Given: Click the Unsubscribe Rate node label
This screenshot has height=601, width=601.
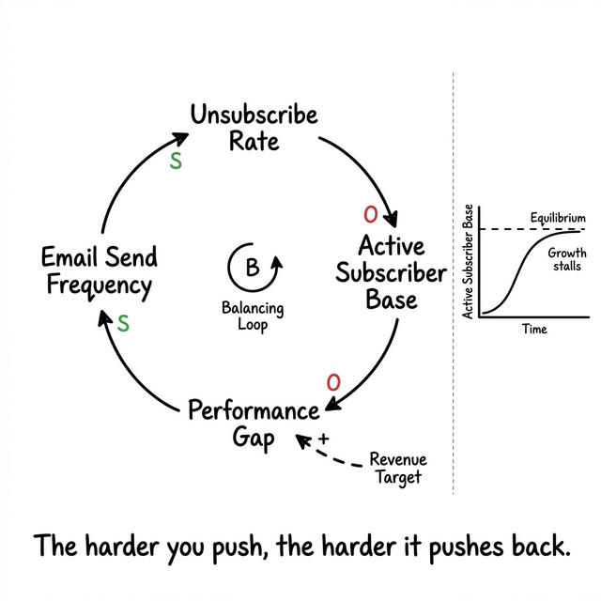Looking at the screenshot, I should click(254, 129).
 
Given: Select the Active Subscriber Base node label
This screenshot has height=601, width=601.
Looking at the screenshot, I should click(392, 273).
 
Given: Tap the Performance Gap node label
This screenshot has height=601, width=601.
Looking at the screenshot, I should click(254, 424).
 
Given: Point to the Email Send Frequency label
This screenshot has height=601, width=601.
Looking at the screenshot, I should click(100, 271).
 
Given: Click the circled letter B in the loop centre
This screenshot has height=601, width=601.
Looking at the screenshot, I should click(252, 268).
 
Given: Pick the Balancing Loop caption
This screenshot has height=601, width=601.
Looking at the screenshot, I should click(252, 316).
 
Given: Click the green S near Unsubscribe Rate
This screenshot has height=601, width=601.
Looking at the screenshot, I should click(175, 161).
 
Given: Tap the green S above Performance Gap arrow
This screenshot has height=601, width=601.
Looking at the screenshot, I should click(122, 324).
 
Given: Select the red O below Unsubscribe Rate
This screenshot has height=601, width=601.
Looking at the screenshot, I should click(370, 214).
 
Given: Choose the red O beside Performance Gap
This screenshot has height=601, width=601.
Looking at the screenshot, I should click(332, 382).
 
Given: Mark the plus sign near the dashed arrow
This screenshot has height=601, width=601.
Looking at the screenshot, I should click(324, 439).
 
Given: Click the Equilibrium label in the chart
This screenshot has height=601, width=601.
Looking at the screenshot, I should click(557, 218).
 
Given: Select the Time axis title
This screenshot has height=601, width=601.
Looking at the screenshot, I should click(534, 330).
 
